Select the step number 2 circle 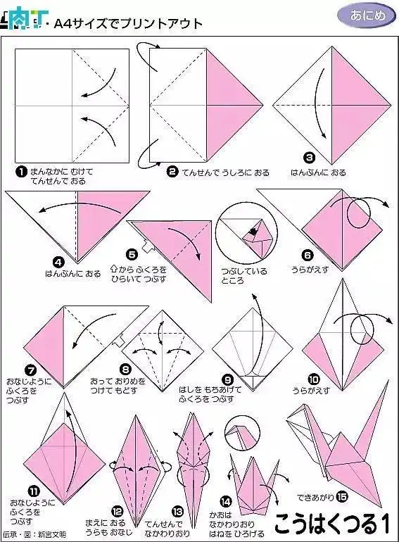[172, 171]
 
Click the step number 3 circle [308, 158]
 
